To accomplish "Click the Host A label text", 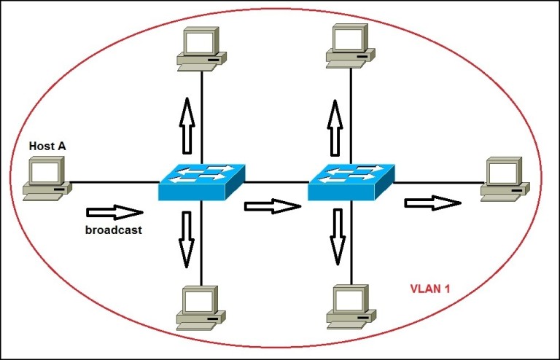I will click(47, 146).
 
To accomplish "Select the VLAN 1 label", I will click(428, 289).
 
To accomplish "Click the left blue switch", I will click(201, 182).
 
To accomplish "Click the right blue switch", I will click(351, 182).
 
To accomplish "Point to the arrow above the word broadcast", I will click(114, 212).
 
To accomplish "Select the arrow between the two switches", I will click(273, 206).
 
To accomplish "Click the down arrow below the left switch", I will click(187, 238).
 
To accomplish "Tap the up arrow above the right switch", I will click(335, 127).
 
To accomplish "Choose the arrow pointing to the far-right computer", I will click(433, 202).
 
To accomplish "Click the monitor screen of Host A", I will click(45, 173).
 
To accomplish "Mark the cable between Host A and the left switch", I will click(114, 181).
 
